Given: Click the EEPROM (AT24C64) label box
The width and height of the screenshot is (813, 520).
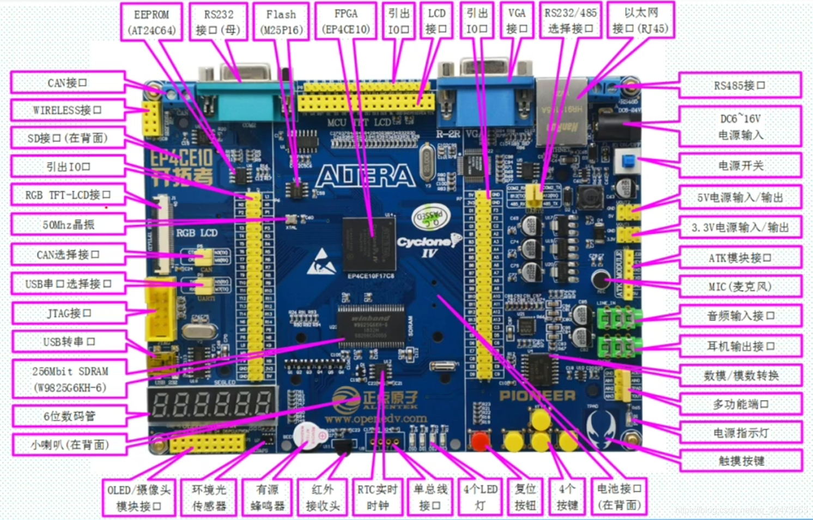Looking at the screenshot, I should click(x=151, y=22).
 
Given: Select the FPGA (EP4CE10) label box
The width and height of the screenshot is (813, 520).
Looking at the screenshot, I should click(x=345, y=21).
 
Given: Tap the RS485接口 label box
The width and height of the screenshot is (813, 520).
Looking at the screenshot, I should click(x=739, y=86).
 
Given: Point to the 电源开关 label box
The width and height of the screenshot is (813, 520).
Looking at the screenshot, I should click(x=739, y=165).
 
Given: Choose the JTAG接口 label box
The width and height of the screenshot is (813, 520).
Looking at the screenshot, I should click(x=69, y=313).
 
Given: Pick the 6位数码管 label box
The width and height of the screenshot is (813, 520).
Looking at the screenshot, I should click(x=69, y=416).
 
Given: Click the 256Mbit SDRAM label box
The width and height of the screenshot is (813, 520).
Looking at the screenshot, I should click(x=70, y=379).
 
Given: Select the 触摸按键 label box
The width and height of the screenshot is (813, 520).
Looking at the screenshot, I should click(x=741, y=461).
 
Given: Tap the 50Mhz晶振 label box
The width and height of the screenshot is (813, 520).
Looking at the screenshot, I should click(x=69, y=225).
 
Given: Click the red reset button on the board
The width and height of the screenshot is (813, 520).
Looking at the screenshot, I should click(x=480, y=440).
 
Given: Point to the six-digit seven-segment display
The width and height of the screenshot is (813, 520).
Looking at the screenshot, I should click(x=212, y=405).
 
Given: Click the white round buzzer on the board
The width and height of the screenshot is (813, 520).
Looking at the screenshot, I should click(x=308, y=436).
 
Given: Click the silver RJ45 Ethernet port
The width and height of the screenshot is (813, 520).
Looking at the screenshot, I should click(x=561, y=112).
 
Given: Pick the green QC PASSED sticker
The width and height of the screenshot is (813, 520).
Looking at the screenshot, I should click(x=430, y=216).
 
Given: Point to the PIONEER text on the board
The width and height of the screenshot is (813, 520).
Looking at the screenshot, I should click(x=537, y=396).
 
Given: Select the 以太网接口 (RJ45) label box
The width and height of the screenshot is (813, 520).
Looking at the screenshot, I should click(x=640, y=21).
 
